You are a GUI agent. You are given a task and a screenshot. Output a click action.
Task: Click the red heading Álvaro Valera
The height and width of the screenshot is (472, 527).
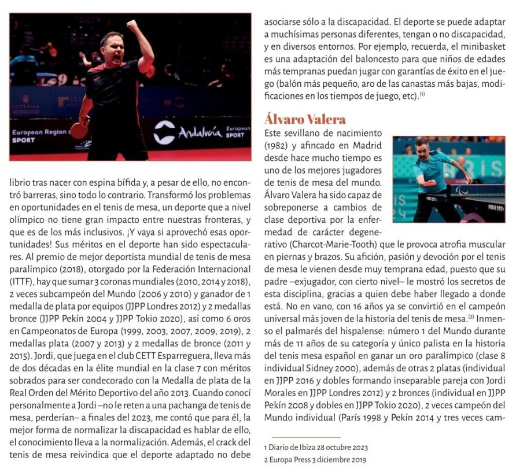tap(305, 120)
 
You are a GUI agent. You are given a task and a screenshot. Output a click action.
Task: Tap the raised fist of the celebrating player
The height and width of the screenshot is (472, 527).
tap(132, 27)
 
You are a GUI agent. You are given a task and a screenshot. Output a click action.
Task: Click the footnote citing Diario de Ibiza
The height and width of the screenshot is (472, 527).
tap(316, 447)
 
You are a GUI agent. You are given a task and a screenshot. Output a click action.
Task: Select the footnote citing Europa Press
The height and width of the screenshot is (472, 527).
tap(315, 460)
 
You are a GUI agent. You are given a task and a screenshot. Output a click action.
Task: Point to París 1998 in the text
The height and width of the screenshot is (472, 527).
tap(366, 416)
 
